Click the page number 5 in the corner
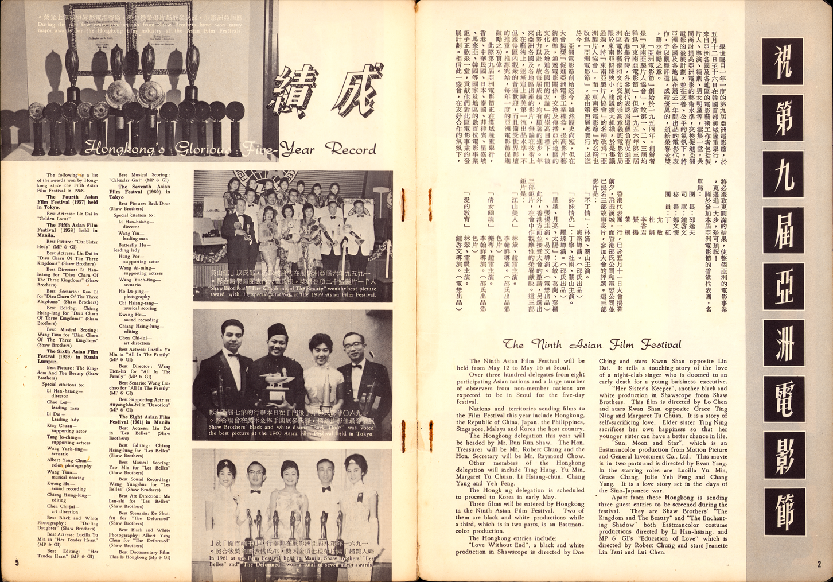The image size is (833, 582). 17,563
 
